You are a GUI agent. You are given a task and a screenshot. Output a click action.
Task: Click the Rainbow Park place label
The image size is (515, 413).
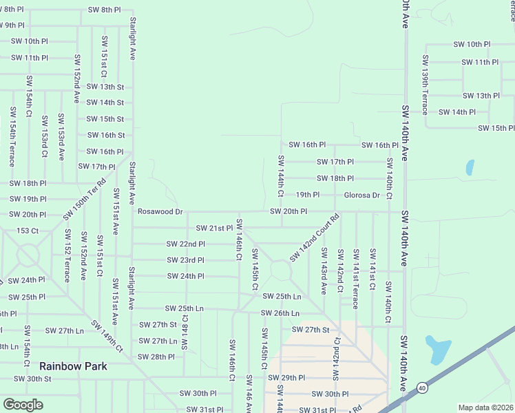[73, 366]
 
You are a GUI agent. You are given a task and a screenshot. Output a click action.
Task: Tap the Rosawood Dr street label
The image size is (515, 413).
[160, 211]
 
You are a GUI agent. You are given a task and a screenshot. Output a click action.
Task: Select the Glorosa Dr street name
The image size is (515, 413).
[362, 195]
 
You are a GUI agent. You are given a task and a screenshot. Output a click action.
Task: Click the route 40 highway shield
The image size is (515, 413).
[421, 390]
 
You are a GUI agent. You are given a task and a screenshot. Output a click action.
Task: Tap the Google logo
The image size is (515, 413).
[22, 405]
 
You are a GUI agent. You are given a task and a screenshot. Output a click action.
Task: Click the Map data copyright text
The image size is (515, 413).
[485, 407]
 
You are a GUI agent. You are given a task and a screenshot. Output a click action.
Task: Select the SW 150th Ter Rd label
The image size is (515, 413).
[85, 199]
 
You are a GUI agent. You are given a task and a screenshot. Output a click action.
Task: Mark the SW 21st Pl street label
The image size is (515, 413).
[215, 228]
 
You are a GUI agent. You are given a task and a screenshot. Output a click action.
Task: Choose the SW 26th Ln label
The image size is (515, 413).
[280, 313]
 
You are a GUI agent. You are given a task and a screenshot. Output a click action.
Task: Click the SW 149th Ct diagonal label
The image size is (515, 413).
[106, 336]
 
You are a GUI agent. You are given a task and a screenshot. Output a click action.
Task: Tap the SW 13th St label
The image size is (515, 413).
[105, 87]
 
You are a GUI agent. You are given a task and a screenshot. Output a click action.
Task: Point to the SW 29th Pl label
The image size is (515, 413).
[286, 378]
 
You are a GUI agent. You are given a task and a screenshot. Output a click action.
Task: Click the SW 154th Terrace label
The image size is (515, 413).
[12, 136]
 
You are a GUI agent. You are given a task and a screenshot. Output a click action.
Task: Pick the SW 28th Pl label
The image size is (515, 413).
[156, 357]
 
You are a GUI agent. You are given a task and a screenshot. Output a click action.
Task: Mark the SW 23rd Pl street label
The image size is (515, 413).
[185, 260]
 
